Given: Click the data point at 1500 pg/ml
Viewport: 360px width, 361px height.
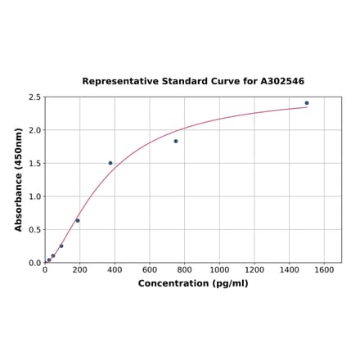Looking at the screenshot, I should pyautogui.click(x=307, y=103).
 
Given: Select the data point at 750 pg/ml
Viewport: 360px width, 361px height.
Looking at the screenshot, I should pyautogui.click(x=176, y=141).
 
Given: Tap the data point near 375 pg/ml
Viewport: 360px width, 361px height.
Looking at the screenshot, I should pyautogui.click(x=110, y=163).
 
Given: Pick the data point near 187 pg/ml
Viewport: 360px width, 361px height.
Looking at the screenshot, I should pyautogui.click(x=78, y=220).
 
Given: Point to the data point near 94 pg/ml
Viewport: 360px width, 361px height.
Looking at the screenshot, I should pyautogui.click(x=61, y=246).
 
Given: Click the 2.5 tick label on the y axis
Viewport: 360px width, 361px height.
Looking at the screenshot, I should pyautogui.click(x=34, y=97).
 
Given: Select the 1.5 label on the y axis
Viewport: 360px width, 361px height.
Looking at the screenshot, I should pyautogui.click(x=34, y=164).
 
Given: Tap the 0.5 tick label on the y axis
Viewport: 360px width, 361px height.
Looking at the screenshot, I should pyautogui.click(x=34, y=230).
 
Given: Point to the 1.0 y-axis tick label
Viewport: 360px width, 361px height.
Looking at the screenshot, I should pyautogui.click(x=34, y=196).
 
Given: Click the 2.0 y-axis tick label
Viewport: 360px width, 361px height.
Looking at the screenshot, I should pyautogui.click(x=34, y=130).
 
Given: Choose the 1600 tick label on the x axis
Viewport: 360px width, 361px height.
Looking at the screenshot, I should pyautogui.click(x=325, y=269).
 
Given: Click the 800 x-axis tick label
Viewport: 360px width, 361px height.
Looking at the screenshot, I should pyautogui.click(x=185, y=269).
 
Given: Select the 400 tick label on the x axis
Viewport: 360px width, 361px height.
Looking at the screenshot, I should pyautogui.click(x=115, y=269).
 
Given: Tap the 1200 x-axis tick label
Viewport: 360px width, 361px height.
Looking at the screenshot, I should pyautogui.click(x=254, y=269).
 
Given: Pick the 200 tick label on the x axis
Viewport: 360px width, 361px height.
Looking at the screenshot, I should pyautogui.click(x=80, y=269).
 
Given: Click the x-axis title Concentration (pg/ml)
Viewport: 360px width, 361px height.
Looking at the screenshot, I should pyautogui.click(x=193, y=283).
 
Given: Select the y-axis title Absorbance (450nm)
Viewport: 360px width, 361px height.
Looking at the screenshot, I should pyautogui.click(x=18, y=179).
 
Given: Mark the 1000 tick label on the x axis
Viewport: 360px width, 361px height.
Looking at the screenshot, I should pyautogui.click(x=219, y=269).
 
